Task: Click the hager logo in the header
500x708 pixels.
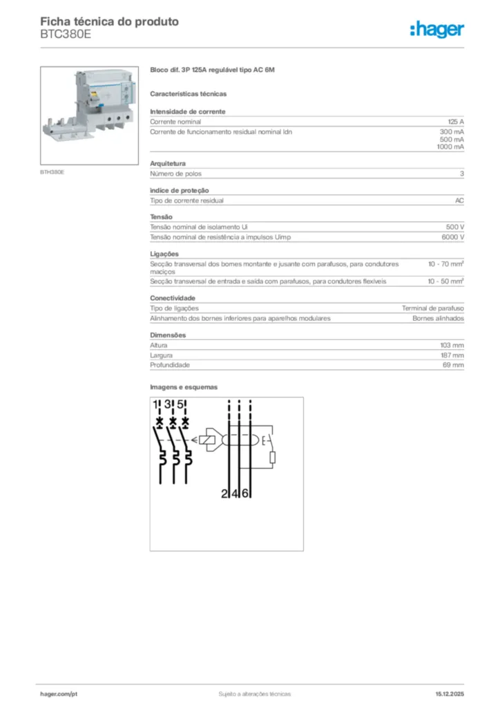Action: [x=437, y=29]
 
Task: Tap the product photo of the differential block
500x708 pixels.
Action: [x=90, y=115]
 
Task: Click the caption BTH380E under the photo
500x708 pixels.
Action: [x=52, y=171]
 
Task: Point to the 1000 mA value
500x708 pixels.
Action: [x=450, y=147]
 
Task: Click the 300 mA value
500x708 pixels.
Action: [x=452, y=131]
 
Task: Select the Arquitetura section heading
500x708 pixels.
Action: [x=168, y=164]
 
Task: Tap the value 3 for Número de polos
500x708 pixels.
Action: [x=462, y=174]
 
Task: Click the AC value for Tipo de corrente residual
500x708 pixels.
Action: [x=459, y=201]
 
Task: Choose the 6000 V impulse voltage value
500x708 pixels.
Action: [x=452, y=237]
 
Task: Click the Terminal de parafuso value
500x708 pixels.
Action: [x=433, y=308]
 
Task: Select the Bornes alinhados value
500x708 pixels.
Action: [x=438, y=319]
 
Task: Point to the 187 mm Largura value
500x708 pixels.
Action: [x=452, y=355]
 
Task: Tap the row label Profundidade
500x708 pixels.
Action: [x=170, y=365]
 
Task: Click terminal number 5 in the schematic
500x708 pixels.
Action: [x=180, y=405]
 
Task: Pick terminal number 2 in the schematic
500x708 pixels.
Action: [x=225, y=494]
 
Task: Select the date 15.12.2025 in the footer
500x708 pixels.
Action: [x=450, y=693]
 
